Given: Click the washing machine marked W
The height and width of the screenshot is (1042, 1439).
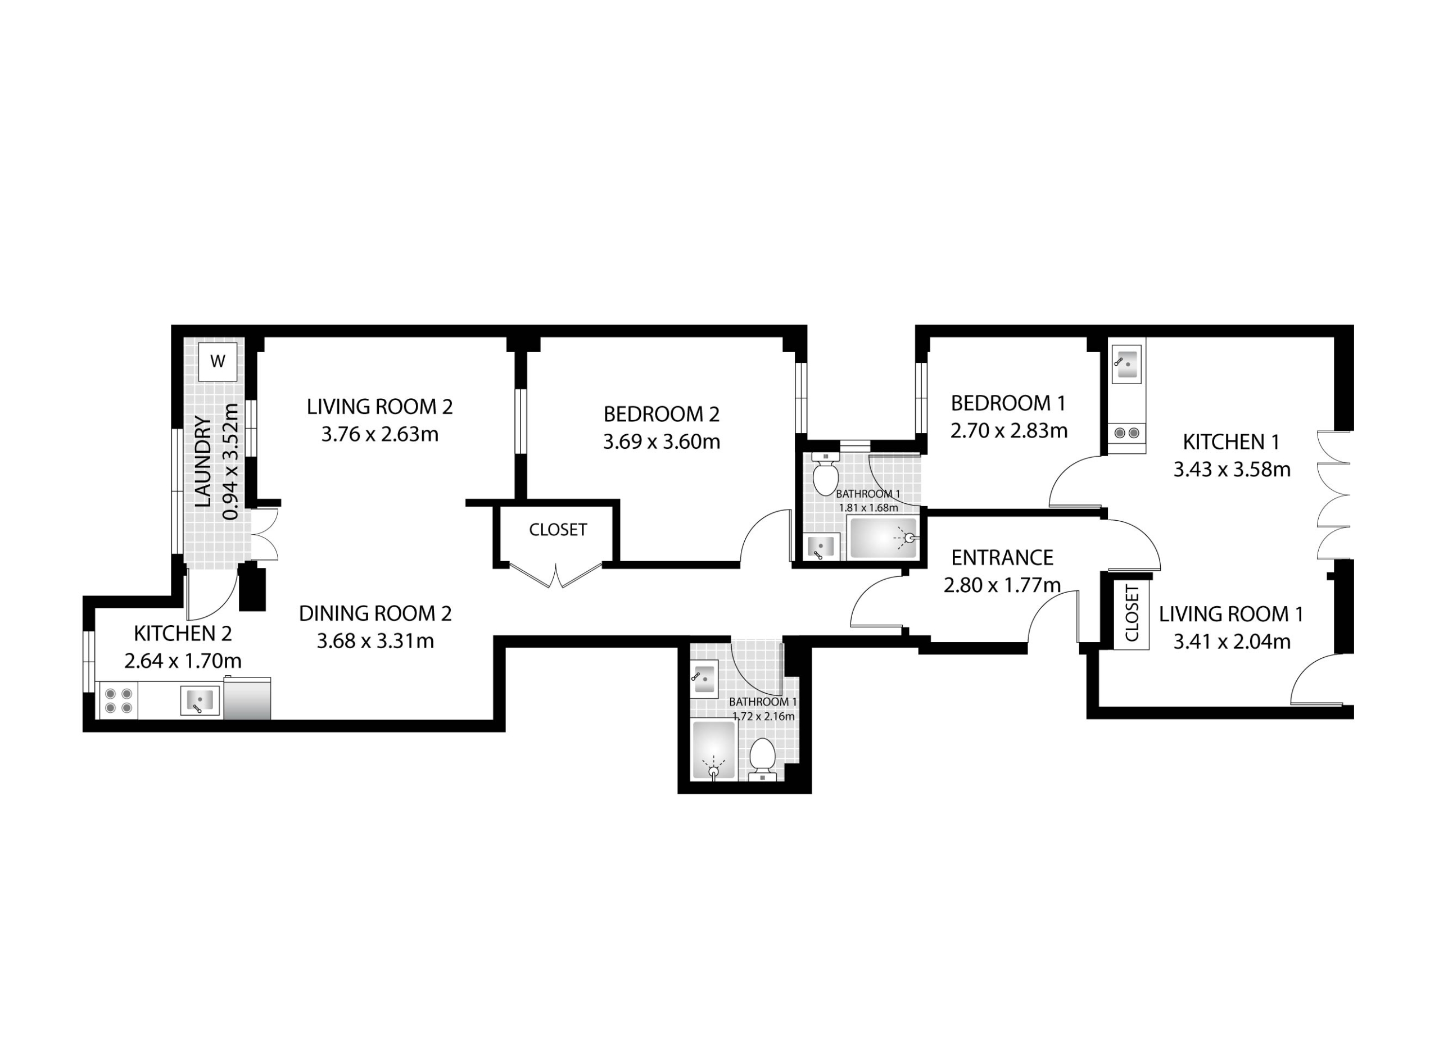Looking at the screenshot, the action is click(x=218, y=362).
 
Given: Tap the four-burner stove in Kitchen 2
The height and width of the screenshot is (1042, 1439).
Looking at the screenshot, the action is click(x=117, y=701).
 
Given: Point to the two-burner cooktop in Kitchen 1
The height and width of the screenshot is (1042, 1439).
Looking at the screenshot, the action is click(x=1127, y=433).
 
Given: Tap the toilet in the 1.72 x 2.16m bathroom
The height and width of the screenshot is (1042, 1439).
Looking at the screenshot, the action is click(x=762, y=759).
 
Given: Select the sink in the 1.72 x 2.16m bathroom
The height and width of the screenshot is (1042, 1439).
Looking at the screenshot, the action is click(x=704, y=679).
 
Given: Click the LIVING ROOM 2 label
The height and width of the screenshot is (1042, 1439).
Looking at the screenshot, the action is click(x=379, y=407).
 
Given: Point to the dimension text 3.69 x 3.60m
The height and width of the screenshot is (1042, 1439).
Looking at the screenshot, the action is click(x=662, y=442).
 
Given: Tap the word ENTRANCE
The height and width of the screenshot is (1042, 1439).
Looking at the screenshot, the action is click(x=1002, y=557).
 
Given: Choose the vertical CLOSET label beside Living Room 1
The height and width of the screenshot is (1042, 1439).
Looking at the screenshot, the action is click(x=1132, y=614).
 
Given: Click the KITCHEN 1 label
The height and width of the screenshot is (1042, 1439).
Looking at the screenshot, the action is click(x=1232, y=442).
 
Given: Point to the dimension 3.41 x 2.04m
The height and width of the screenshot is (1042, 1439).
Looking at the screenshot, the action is click(x=1232, y=642).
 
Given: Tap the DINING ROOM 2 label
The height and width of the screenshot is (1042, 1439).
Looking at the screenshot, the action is click(x=375, y=613).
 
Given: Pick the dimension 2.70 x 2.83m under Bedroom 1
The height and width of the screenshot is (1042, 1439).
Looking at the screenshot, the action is click(x=1009, y=431).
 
